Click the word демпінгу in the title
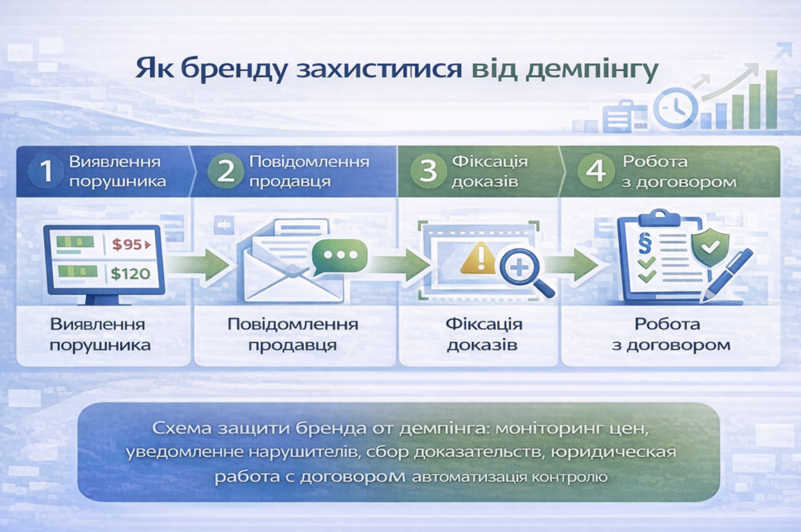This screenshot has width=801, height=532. point(592,70)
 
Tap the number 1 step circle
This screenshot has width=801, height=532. point(46,171)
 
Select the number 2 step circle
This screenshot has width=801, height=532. point(226,171)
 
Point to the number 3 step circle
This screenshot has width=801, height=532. point(428,171)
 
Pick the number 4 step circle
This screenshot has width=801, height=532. point(596,171)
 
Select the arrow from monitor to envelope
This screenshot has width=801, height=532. point(198,265)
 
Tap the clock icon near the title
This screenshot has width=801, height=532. point(675,108)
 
